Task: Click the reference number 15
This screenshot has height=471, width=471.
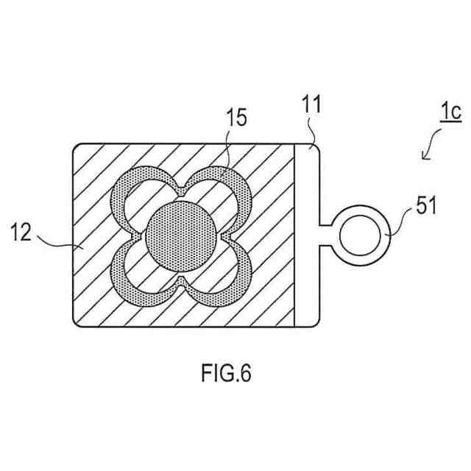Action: (x=236, y=118)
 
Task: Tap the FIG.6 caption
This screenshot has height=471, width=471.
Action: (x=226, y=373)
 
